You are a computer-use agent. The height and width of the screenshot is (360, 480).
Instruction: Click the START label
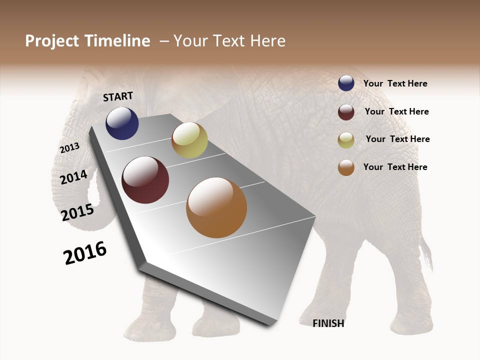pos(118,96)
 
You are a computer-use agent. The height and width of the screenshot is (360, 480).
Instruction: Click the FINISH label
pos(328,323)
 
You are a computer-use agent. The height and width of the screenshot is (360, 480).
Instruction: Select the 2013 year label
pos(69,147)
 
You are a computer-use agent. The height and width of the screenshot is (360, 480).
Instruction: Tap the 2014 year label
pos(74,177)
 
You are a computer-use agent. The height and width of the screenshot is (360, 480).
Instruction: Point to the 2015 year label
pos(77,212)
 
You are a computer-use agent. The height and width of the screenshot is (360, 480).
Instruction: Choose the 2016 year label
pos(85,253)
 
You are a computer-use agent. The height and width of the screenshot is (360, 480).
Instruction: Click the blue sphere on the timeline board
pos(122,123)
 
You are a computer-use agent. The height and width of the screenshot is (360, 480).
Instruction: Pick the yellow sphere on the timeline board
pos(189,140)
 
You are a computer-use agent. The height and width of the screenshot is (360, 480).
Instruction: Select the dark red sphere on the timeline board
pos(145,180)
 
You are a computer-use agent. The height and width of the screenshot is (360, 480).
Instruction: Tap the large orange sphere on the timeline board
pos(216,207)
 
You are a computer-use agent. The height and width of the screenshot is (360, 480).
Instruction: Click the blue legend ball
pos(346,83)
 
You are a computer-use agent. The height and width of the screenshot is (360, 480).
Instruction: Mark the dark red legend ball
pos(346,112)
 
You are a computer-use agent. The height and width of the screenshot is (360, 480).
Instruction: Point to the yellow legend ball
pos(346,140)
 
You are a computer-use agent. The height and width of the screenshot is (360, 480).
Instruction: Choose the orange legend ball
pos(346,167)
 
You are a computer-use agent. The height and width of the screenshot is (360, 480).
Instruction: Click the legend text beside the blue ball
pos(395,84)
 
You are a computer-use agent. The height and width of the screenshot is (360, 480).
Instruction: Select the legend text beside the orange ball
pos(395,167)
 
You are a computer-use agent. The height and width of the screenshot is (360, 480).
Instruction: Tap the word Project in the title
pos(51,41)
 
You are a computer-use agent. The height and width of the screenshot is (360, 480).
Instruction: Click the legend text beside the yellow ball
pos(397,139)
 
